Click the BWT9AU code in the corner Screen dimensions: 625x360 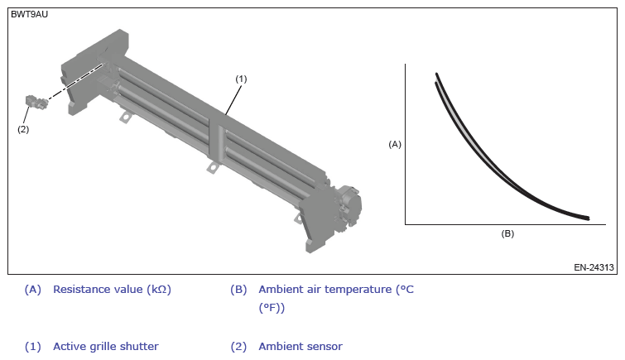coord(29,14)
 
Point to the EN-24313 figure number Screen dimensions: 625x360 coord(594,267)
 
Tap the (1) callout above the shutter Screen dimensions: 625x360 coord(241,79)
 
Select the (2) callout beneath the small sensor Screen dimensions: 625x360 coord(23,129)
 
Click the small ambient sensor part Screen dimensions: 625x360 coord(36,101)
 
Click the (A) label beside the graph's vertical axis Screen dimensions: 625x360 coord(395,144)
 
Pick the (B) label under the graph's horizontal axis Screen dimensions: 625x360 coord(507,233)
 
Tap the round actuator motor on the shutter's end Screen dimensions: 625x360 coord(349,205)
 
